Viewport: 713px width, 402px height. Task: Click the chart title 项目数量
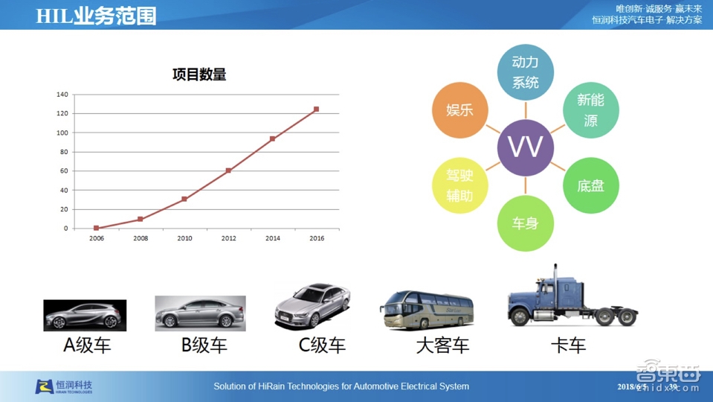click(199, 74)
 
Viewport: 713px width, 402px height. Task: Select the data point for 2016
click(316, 109)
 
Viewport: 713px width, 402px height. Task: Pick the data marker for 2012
click(228, 170)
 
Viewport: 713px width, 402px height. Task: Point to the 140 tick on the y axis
click(62, 95)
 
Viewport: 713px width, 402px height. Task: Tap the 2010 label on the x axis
click(184, 238)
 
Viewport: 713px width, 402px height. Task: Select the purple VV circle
click(525, 147)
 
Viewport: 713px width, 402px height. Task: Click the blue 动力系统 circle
click(525, 72)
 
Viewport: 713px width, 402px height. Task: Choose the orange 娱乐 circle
click(459, 110)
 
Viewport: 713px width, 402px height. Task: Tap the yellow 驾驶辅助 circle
click(459, 185)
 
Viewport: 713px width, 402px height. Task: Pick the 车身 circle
click(525, 223)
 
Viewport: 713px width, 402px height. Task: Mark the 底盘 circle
click(590, 185)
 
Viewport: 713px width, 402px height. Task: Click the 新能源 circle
click(590, 110)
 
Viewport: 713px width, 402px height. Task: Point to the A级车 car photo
click(85, 316)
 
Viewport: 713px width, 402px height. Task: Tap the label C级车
click(322, 345)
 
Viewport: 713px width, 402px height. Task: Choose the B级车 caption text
click(204, 345)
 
